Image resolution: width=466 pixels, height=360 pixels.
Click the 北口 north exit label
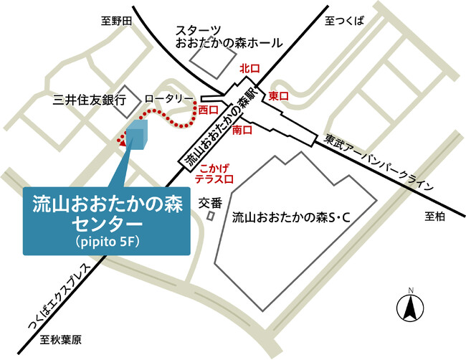249,69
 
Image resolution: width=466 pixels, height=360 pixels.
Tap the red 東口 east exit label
278,95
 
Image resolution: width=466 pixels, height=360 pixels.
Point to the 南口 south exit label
242,131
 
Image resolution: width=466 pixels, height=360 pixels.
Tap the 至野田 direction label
117,22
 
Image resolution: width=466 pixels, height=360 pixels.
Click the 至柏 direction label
435,216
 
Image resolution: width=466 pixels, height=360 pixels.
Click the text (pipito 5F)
107,242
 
